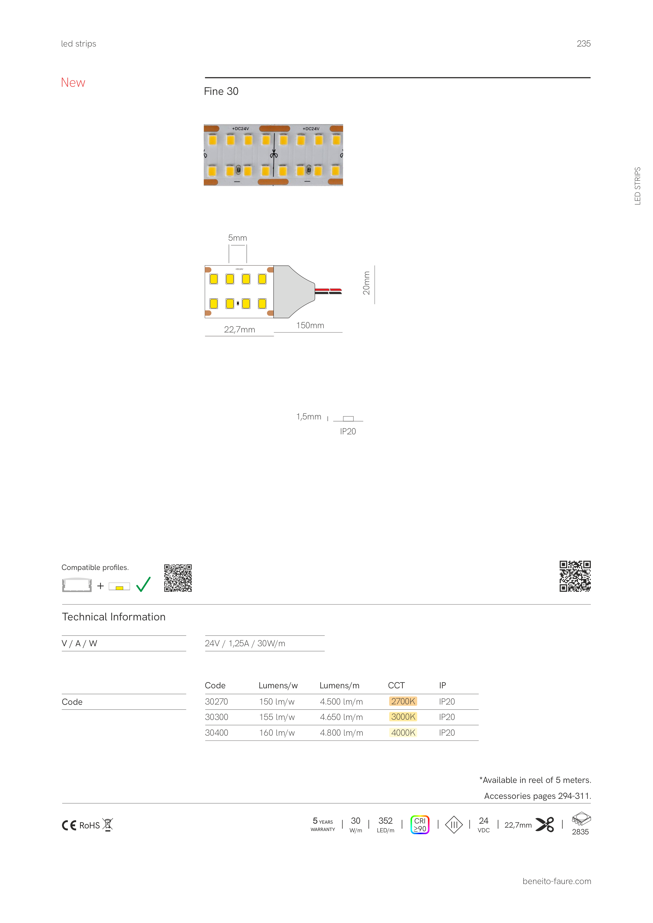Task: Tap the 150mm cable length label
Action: coord(310,325)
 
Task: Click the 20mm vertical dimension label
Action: coord(366,283)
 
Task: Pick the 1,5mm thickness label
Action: coord(309,417)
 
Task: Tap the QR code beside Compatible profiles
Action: coord(178,578)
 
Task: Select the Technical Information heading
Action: coord(113,617)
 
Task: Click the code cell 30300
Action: coord(217,717)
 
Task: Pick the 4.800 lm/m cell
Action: coord(341,732)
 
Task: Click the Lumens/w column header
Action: coord(278,685)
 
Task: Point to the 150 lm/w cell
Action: coord(277,701)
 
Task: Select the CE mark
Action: coord(69,825)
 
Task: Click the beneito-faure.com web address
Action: coord(557,881)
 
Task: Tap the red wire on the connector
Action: coord(328,290)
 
